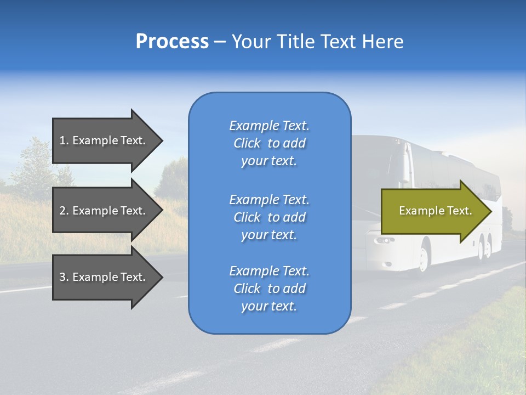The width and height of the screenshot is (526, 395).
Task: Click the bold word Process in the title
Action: tap(172, 42)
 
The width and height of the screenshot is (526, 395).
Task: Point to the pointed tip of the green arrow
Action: tap(490, 211)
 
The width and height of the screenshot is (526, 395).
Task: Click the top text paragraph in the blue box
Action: tap(269, 143)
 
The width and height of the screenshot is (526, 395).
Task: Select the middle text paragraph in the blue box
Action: tap(269, 217)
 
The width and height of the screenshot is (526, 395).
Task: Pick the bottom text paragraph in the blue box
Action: tap(269, 289)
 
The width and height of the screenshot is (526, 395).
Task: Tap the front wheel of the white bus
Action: tap(424, 257)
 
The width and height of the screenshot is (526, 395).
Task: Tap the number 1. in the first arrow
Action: tap(64, 140)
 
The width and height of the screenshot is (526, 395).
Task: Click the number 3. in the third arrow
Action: tap(64, 277)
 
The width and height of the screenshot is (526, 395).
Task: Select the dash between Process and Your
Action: tap(220, 42)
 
